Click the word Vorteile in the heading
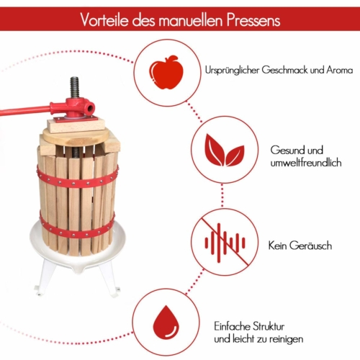pyautogui.click(x=104, y=19)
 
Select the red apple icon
pyautogui.click(x=166, y=73)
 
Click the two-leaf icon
pyautogui.click(x=225, y=150)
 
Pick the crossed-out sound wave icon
pyautogui.click(x=225, y=242)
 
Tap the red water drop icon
pyautogui.click(x=166, y=323)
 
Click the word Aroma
pyautogui.click(x=339, y=70)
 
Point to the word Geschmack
pyautogui.click(x=284, y=70)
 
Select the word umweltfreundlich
pyautogui.click(x=306, y=163)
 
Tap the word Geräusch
pyautogui.click(x=310, y=246)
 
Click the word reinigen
pyautogui.click(x=286, y=339)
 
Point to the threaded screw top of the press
pyautogui.click(x=75, y=87)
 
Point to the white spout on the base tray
pyautogui.click(x=77, y=269)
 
